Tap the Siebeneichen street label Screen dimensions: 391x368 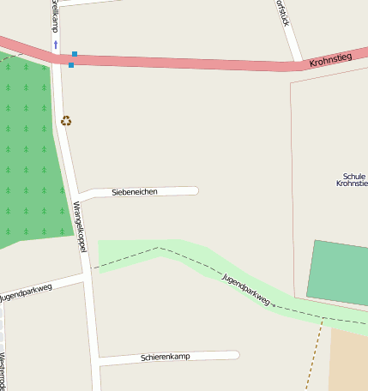135,192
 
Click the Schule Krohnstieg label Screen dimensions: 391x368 352,179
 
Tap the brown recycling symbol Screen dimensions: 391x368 66,121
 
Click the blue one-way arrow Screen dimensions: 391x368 56,44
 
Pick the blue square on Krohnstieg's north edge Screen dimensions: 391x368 75,54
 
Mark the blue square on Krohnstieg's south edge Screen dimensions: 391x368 71,65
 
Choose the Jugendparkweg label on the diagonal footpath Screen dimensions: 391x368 246,290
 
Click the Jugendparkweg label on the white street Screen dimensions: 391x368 26,292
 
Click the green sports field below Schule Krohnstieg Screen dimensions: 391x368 338,273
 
